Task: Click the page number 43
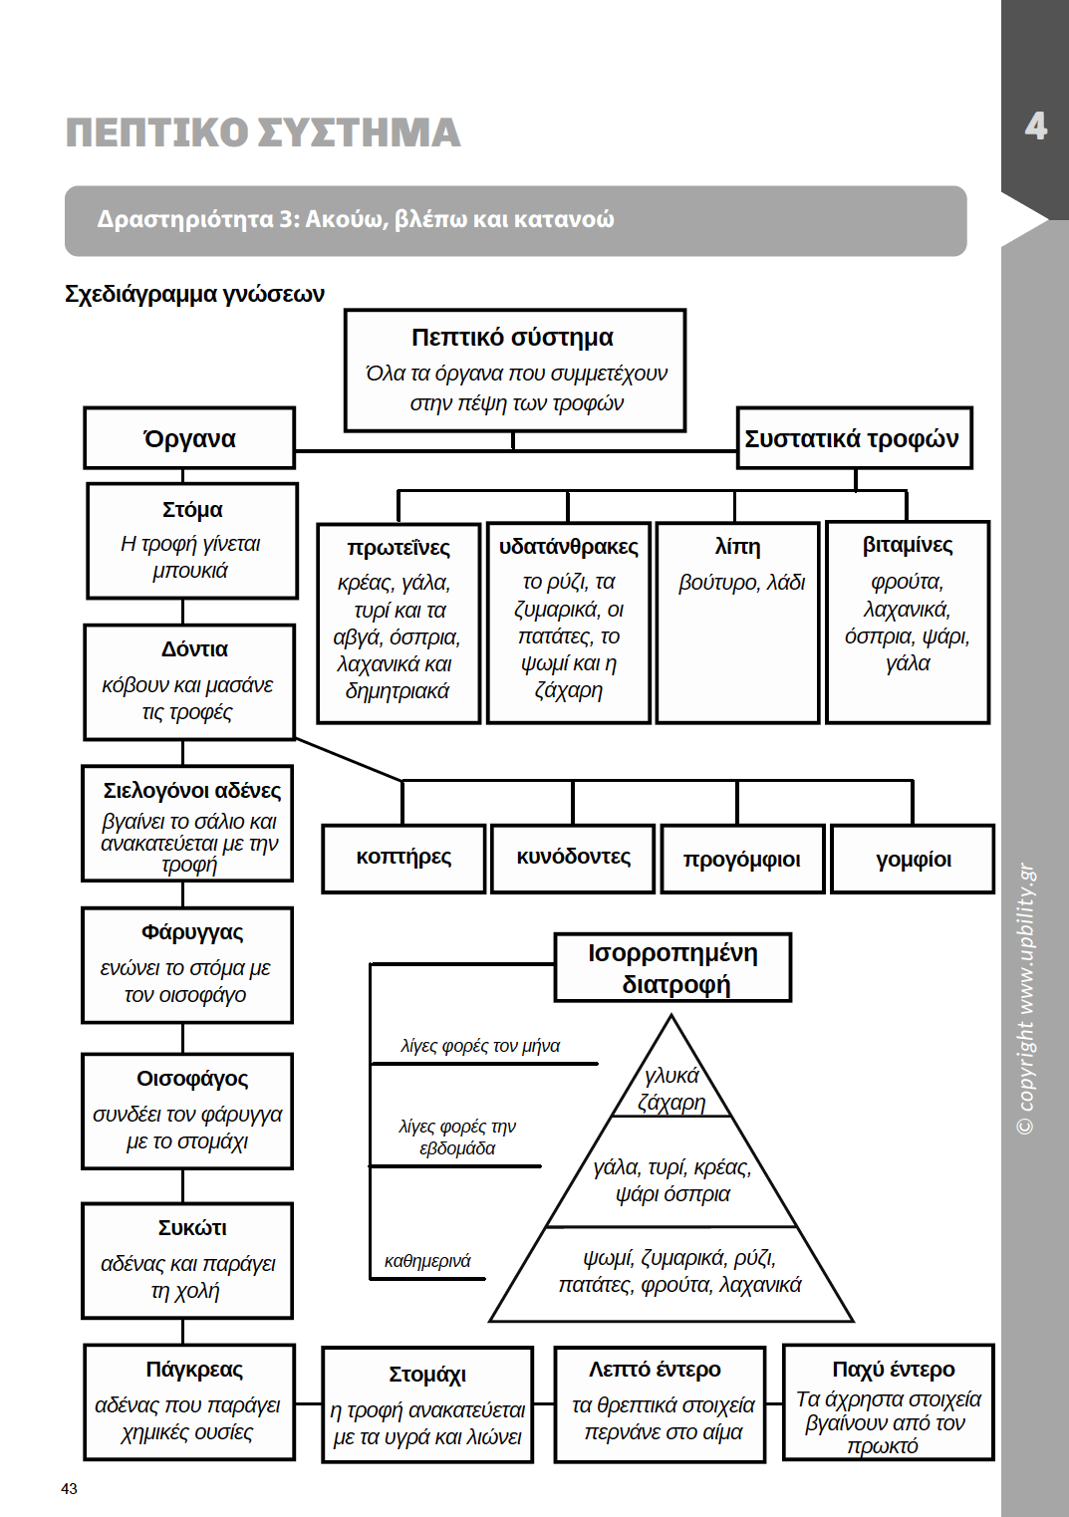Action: click(x=69, y=1489)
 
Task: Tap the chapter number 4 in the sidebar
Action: click(x=1036, y=126)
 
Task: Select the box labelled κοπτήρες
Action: click(x=403, y=858)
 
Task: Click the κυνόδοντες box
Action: click(x=573, y=858)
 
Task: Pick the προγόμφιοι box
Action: click(x=742, y=860)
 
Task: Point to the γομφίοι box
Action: click(x=913, y=860)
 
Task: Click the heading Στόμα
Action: click(x=192, y=510)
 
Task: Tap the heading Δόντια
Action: click(x=194, y=649)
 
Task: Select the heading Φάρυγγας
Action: click(x=192, y=932)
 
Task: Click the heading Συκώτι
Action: click(x=192, y=1228)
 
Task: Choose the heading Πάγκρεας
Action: click(x=194, y=1370)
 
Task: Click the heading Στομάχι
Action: click(x=427, y=1375)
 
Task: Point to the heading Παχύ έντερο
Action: click(x=893, y=1370)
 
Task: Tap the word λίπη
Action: click(x=737, y=547)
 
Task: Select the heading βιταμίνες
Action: click(x=908, y=545)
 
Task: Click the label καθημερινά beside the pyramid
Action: click(x=427, y=1261)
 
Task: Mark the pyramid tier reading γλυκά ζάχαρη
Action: click(x=671, y=1089)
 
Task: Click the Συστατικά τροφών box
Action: click(x=853, y=438)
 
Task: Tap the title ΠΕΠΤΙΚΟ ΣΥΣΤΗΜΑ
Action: click(x=263, y=132)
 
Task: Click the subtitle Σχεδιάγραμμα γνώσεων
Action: click(x=194, y=294)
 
